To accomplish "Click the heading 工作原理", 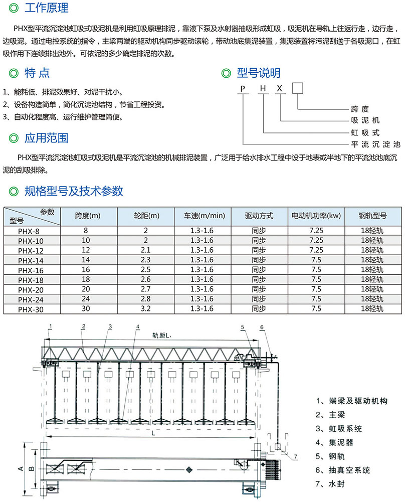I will [x=47, y=9].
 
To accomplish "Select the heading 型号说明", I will [x=258, y=74].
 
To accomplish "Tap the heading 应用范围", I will [x=47, y=138].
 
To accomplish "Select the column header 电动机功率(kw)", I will [x=316, y=216].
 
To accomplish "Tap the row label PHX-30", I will [x=31, y=309].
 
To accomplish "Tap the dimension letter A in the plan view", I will [x=21, y=468].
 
